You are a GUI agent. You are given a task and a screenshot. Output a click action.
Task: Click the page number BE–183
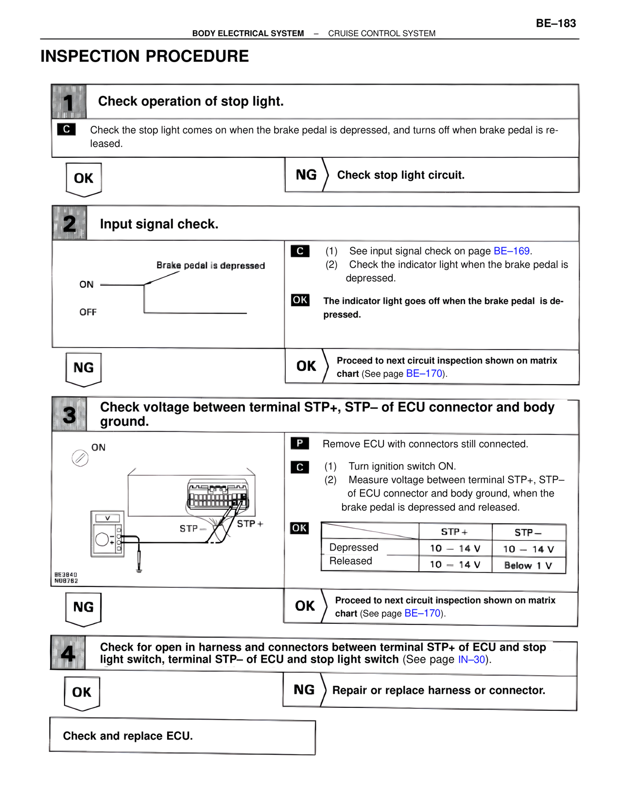point(555,23)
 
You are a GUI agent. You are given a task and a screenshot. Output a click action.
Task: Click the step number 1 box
point(69,102)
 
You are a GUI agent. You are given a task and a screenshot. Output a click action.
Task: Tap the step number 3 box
point(69,415)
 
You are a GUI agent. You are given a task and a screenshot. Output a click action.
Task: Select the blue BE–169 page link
point(512,251)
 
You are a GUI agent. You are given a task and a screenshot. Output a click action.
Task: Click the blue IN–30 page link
point(471,659)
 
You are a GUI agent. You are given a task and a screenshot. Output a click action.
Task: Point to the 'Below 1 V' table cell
point(528,566)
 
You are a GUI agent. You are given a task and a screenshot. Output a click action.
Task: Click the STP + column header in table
point(454,532)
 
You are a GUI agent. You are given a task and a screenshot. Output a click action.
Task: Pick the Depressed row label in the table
point(353,547)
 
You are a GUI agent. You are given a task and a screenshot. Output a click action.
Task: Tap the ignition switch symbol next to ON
point(80,458)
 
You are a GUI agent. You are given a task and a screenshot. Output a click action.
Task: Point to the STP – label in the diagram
point(192,528)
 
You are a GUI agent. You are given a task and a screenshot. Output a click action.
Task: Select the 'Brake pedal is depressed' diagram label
point(210,266)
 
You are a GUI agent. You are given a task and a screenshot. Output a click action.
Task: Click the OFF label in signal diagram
point(88,312)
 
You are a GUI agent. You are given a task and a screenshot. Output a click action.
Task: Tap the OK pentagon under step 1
point(84,179)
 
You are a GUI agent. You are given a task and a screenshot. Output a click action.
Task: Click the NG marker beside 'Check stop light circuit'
point(306,175)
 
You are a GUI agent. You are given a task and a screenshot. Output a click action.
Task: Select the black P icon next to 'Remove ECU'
point(300,443)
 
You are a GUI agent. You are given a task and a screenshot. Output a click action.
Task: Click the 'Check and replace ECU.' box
point(182,736)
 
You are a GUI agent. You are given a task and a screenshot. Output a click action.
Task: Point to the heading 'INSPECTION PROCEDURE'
point(144,56)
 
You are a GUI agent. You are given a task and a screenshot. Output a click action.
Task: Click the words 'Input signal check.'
point(159,224)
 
